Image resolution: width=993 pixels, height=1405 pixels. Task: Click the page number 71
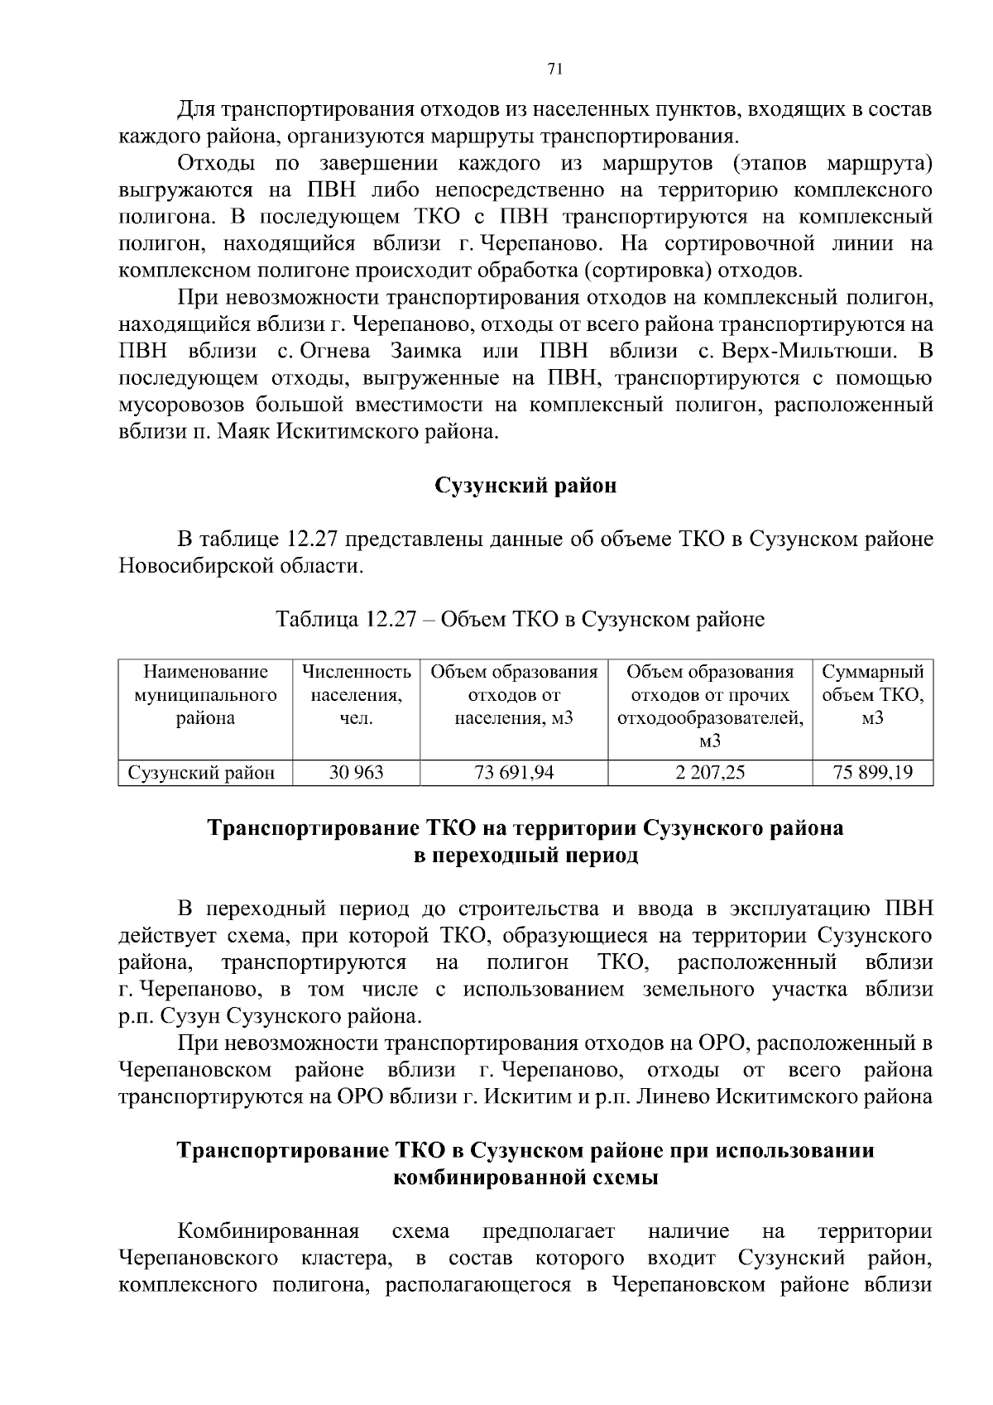[x=555, y=70]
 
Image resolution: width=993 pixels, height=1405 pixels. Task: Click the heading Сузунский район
[x=526, y=486]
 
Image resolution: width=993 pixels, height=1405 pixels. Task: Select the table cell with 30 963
[x=356, y=773]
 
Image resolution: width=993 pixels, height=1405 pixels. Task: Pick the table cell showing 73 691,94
[x=514, y=773]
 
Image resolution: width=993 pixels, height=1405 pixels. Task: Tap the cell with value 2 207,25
[x=710, y=773]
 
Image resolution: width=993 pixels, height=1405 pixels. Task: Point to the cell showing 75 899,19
[x=873, y=773]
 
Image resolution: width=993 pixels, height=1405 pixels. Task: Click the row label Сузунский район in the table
[x=201, y=773]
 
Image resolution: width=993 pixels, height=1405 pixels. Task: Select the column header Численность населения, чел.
[x=356, y=695]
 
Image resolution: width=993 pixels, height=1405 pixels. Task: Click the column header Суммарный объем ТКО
[x=873, y=695]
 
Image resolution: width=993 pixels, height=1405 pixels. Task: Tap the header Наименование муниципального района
[x=205, y=695]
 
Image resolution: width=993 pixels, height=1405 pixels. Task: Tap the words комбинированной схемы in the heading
[x=526, y=1177]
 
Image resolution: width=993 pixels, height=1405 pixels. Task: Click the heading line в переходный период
[x=526, y=855]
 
